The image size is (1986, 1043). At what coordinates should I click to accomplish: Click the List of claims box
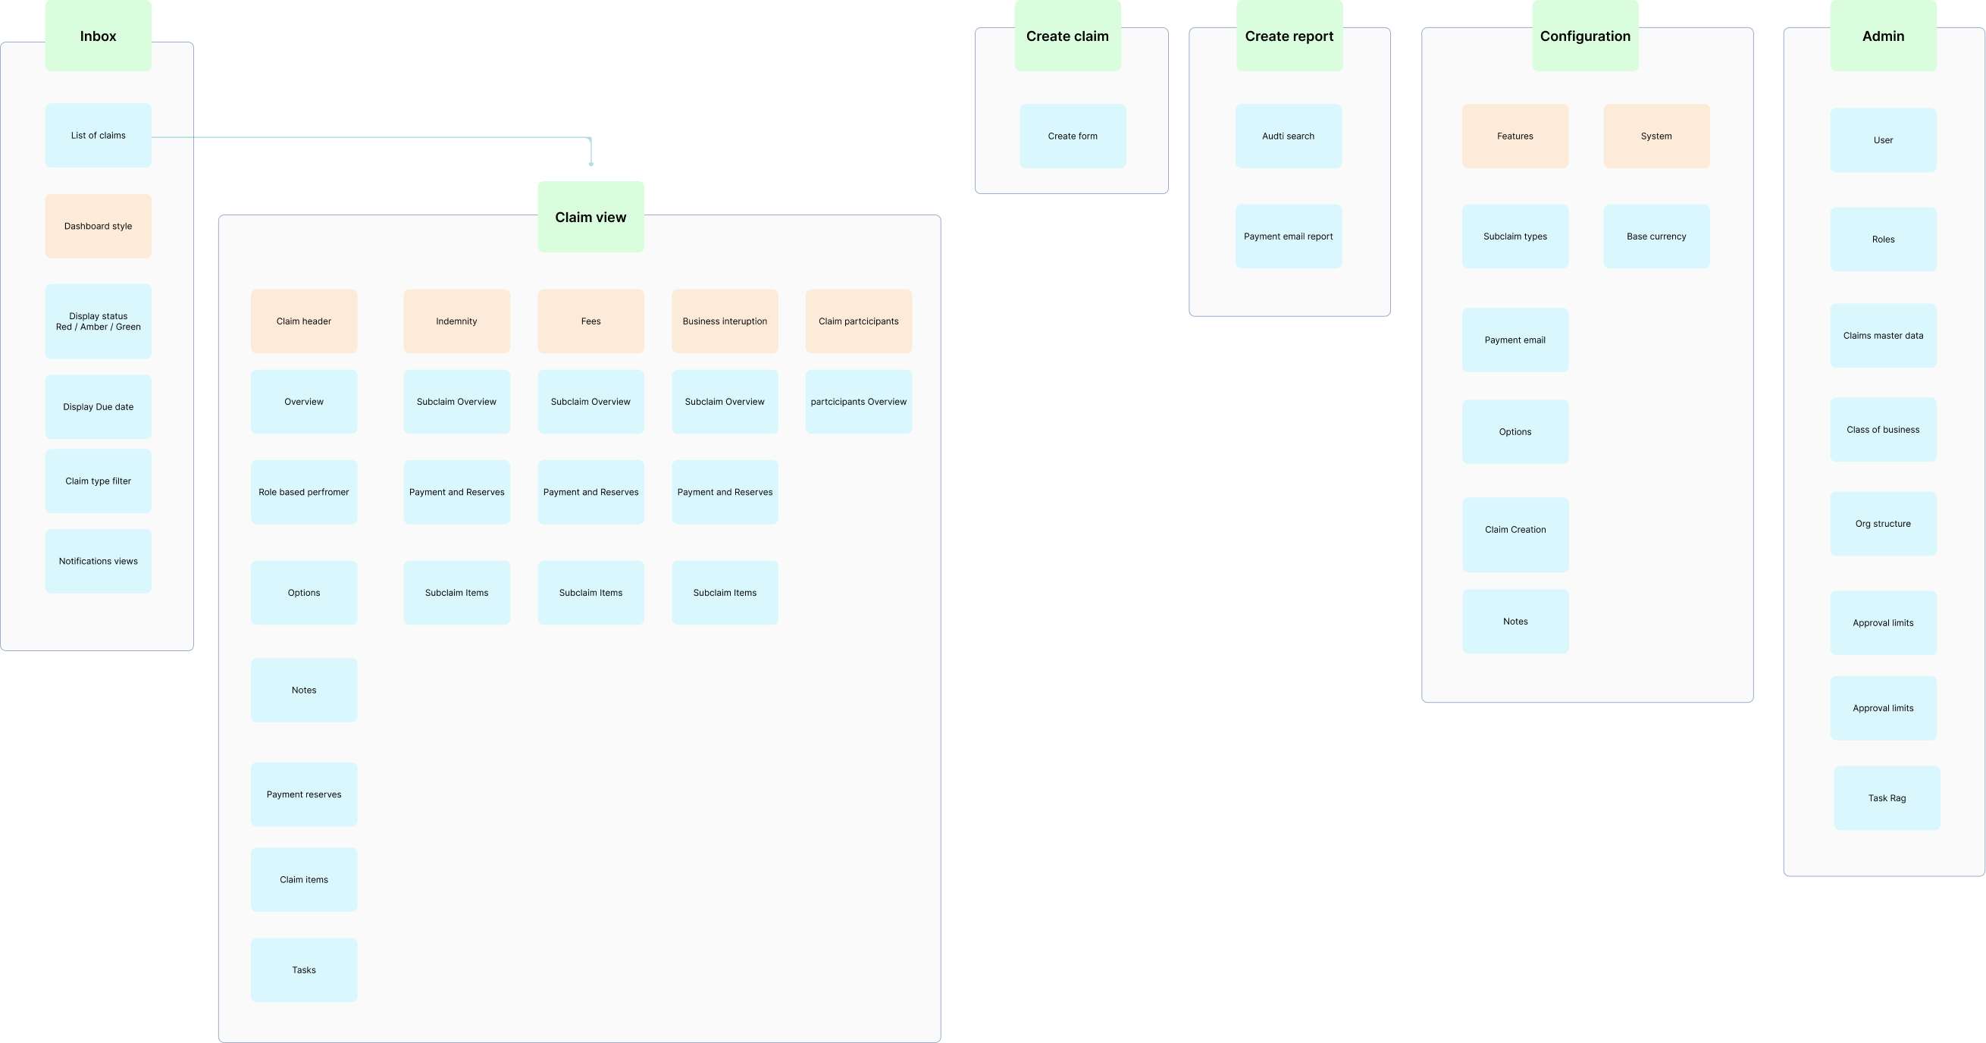pos(98,136)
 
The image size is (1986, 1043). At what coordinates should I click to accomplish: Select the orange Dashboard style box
pos(98,226)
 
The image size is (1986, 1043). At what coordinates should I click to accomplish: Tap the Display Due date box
pos(98,407)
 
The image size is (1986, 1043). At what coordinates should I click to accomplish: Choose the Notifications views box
pos(98,561)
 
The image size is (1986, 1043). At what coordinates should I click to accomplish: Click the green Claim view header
pos(590,217)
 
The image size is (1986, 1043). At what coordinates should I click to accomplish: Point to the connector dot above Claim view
pos(591,164)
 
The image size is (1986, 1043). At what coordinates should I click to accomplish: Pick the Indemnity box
pos(456,321)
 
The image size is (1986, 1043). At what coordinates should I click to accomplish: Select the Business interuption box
pos(725,321)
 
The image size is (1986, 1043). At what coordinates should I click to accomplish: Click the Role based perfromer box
pos(304,492)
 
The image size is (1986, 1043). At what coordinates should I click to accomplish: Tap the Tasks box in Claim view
pos(304,969)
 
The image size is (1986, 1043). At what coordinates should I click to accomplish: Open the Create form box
pos(1073,136)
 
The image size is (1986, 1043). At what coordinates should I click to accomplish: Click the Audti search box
pos(1289,136)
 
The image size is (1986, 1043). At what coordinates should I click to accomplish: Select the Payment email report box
pos(1289,236)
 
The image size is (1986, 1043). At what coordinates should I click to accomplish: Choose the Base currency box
pos(1656,236)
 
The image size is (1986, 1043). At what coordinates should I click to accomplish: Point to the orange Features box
pos(1515,136)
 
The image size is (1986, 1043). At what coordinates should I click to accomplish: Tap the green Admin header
pos(1883,36)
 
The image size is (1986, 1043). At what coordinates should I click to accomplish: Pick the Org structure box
pos(1883,524)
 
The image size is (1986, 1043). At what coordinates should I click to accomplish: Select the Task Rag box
pos(1887,798)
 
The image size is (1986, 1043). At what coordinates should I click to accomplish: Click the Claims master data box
pos(1883,335)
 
